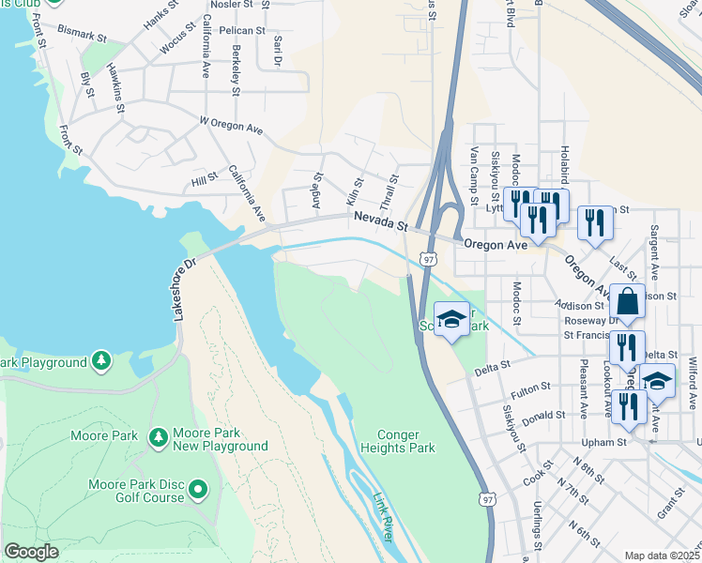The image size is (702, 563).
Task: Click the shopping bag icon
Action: [628, 302]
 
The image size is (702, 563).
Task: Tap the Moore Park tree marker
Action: [158, 436]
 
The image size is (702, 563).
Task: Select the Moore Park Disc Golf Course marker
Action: [198, 489]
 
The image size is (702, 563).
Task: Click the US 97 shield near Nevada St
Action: [429, 258]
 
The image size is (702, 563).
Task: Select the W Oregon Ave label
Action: [231, 126]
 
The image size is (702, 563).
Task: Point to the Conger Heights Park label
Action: [405, 441]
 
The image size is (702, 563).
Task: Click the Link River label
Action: [383, 516]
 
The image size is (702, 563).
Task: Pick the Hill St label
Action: [204, 178]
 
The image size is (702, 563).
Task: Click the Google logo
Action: [31, 552]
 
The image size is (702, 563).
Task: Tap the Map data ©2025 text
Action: [662, 555]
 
